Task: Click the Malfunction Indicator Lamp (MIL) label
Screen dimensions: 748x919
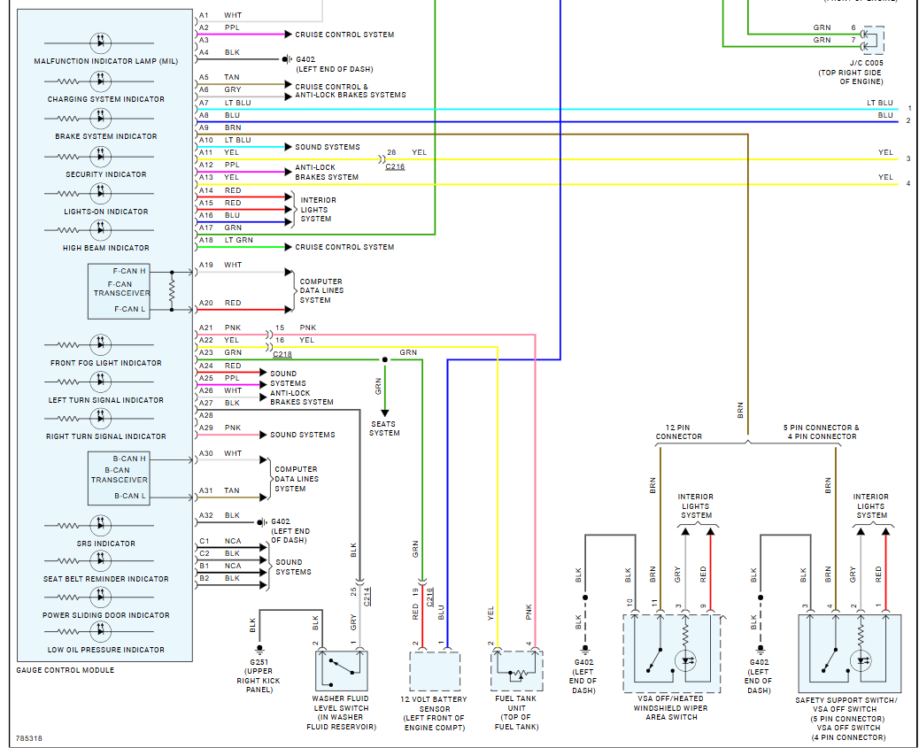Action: click(x=106, y=62)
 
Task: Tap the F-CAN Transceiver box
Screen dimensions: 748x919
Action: click(x=120, y=291)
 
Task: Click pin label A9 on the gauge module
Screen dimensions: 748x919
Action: click(x=205, y=127)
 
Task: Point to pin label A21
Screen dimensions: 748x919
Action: click(x=205, y=328)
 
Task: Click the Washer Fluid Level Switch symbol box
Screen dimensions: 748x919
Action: click(x=341, y=670)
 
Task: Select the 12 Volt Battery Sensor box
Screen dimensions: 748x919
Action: click(x=435, y=670)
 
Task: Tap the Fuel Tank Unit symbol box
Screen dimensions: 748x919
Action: click(x=516, y=670)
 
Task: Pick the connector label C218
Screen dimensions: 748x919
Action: click(x=282, y=355)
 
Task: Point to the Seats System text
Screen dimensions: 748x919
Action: click(x=384, y=428)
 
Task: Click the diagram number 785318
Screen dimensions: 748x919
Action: click(x=28, y=738)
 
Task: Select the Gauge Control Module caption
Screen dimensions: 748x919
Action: click(x=65, y=670)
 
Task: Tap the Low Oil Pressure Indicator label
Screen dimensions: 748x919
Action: click(x=106, y=650)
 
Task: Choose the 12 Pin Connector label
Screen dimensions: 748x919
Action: click(x=678, y=432)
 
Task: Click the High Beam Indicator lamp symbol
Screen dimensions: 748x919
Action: click(x=101, y=229)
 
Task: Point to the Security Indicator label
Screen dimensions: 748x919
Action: click(x=106, y=174)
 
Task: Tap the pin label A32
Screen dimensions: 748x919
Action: click(x=206, y=515)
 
